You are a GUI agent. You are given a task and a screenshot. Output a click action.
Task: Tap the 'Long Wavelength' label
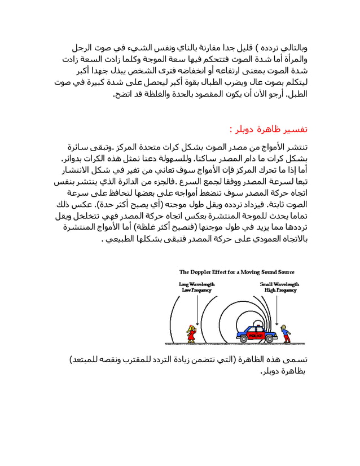point(196,284)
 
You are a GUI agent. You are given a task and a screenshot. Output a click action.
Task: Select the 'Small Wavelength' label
point(280,284)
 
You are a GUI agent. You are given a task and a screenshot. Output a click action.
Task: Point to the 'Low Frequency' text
point(196,291)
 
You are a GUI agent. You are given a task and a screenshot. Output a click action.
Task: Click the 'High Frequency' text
point(280,291)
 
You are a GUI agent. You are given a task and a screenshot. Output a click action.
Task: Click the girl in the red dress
point(192,333)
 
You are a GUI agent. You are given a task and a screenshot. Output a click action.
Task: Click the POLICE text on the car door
point(248,335)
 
